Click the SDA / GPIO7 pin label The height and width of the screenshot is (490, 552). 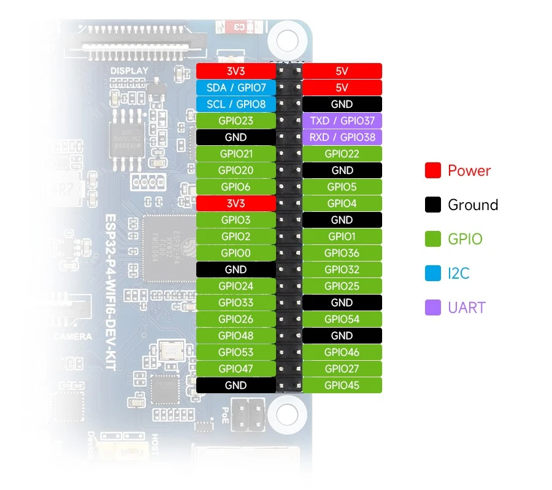[x=236, y=88]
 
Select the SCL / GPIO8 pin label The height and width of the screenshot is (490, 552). [x=236, y=104]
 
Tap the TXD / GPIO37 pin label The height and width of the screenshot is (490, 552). [x=342, y=121]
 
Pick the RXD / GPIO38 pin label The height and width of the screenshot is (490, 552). [x=342, y=137]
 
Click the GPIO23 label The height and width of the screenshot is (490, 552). [x=236, y=121]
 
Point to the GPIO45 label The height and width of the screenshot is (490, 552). [x=342, y=385]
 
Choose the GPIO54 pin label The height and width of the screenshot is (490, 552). [x=342, y=319]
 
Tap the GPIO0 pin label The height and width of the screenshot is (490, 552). [x=236, y=253]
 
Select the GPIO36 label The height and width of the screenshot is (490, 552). [x=342, y=253]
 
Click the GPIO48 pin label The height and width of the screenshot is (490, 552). [x=236, y=336]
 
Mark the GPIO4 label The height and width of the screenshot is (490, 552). [x=342, y=203]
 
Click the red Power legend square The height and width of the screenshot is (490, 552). [x=433, y=170]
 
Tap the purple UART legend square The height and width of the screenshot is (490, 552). [x=433, y=307]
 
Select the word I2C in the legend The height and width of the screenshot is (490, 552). [x=459, y=273]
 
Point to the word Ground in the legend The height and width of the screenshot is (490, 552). [x=473, y=205]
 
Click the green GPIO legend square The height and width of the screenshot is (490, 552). [x=433, y=239]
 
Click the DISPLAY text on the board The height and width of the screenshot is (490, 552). [x=129, y=71]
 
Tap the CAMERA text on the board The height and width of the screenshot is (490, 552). [x=72, y=336]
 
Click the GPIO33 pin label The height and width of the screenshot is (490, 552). [x=236, y=303]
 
